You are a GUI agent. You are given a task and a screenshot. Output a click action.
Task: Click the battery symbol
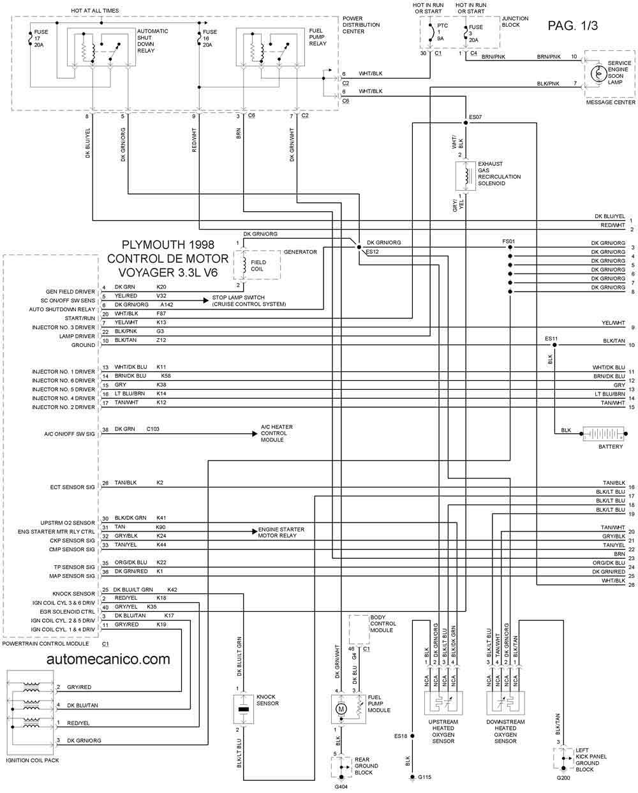[x=604, y=434]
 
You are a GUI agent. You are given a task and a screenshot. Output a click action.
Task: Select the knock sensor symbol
[x=243, y=709]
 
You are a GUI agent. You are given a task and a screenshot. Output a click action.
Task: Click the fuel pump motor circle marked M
[x=341, y=709]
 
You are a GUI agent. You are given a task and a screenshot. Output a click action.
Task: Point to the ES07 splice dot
[x=466, y=122]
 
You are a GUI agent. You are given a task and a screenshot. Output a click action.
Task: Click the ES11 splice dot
[x=554, y=345]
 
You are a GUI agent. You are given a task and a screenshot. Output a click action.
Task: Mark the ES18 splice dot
[x=412, y=736]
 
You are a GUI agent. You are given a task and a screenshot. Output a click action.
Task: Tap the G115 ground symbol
[x=412, y=777]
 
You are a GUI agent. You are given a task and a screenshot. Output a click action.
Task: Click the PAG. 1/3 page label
[x=572, y=26]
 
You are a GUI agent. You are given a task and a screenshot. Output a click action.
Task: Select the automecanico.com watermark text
[x=108, y=659]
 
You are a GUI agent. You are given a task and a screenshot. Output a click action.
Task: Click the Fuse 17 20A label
[x=40, y=38]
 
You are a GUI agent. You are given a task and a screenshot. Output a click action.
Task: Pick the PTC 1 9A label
[x=442, y=32]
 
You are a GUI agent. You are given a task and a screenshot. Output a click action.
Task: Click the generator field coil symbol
[x=244, y=265]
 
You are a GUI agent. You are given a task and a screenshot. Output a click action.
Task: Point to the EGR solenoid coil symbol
[x=468, y=176]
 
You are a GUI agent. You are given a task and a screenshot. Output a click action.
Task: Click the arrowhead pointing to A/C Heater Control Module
[x=255, y=434]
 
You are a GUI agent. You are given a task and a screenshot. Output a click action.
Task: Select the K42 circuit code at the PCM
[x=172, y=589]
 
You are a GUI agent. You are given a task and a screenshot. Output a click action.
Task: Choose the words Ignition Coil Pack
[x=33, y=760]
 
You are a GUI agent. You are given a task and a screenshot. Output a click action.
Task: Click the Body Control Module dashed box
[x=359, y=630]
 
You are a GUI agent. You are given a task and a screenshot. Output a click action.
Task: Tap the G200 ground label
[x=563, y=785]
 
